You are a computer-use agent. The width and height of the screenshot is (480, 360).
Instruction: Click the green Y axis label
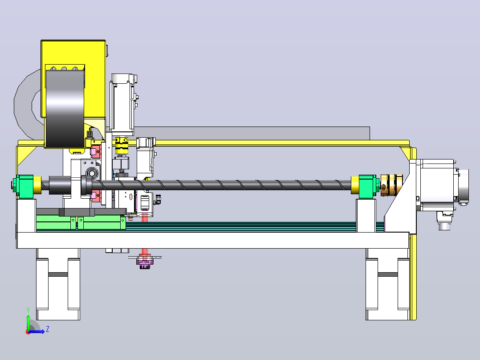[28, 310]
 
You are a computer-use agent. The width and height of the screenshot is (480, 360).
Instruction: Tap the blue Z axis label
[48, 329]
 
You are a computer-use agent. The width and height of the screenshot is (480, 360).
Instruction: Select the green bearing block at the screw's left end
[25, 186]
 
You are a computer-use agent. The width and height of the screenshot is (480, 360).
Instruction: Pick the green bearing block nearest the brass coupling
[367, 186]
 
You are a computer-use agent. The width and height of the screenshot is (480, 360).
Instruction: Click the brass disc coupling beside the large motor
[391, 185]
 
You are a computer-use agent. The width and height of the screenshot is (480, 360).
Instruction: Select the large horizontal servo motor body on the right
[437, 185]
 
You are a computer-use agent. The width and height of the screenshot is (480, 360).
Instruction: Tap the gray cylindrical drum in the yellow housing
[65, 109]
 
